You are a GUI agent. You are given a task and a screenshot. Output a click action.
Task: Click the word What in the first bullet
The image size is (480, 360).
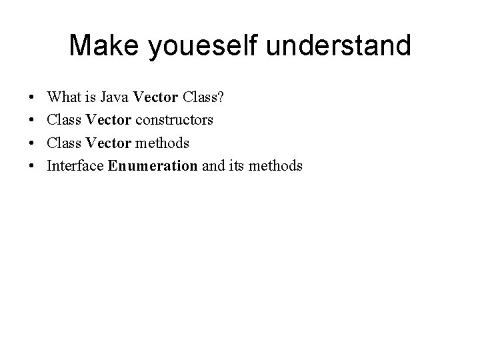click(x=63, y=98)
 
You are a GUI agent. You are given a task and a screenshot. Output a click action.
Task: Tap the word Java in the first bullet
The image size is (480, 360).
click(x=116, y=98)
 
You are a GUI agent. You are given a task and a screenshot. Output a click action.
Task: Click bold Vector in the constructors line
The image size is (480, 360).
click(x=110, y=121)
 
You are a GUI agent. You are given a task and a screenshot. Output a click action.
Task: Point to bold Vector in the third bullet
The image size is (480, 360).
click(x=110, y=143)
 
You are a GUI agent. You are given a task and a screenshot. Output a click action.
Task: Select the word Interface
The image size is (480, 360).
click(x=75, y=166)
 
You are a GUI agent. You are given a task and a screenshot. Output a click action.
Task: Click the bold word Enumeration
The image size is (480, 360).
click(x=153, y=166)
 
